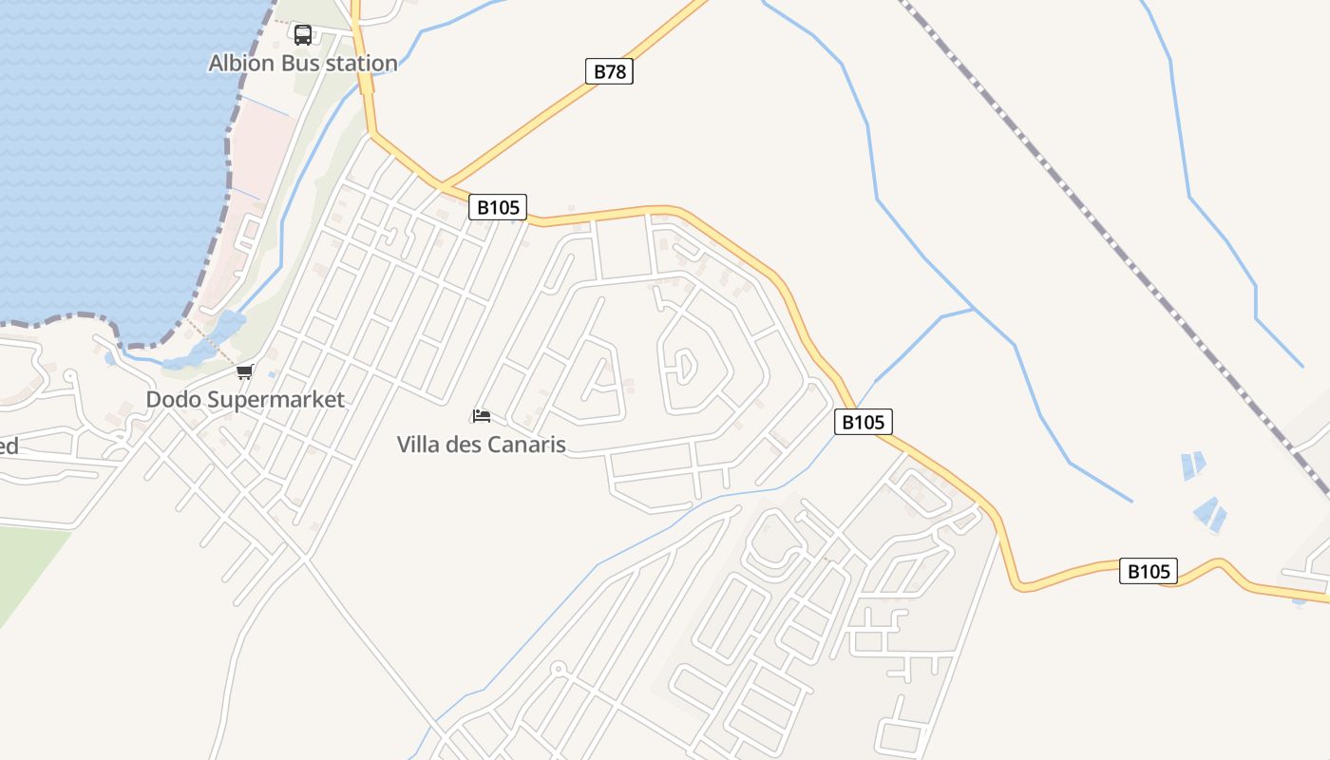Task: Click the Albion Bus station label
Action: [x=303, y=64]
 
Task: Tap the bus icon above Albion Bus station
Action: [x=303, y=35]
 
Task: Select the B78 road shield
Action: [x=608, y=71]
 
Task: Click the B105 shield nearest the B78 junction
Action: [x=497, y=207]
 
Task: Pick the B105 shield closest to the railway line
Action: [x=1148, y=571]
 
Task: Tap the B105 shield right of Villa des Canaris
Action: [x=863, y=422]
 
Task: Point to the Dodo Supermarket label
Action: [x=245, y=400]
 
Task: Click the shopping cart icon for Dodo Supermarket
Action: [x=245, y=371]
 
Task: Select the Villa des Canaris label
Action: [x=481, y=445]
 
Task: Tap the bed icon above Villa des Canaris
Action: [x=481, y=416]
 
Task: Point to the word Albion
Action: [x=241, y=64]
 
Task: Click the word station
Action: [x=362, y=64]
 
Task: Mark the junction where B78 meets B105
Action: [x=443, y=183]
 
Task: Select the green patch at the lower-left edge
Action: [x=24, y=570]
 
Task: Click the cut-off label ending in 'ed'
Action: [x=9, y=446]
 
